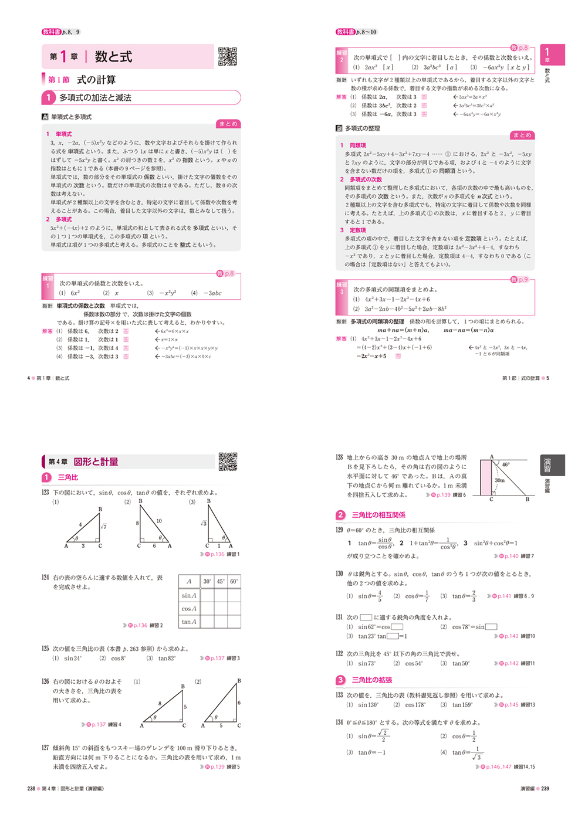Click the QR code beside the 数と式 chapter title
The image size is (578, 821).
coord(228,56)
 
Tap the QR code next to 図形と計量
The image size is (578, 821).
coord(228,462)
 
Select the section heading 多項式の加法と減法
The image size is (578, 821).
coord(95,98)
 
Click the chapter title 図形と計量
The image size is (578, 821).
coord(96,462)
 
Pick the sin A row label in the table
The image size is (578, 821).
coord(189,595)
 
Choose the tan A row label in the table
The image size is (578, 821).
coord(189,622)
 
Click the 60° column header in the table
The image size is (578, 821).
coord(234,581)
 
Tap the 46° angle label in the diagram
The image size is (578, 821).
coord(506,464)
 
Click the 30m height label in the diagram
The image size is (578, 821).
coord(499,480)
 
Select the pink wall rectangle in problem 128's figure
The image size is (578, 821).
coord(486,478)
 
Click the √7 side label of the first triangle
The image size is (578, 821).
coord(103,526)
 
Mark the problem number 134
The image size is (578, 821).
coord(339,722)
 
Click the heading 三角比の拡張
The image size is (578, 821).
coord(371,680)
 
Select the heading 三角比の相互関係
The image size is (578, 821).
coord(378,515)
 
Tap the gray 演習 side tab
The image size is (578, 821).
coord(547,465)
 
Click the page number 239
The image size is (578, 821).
coord(545,789)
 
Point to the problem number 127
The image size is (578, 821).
coord(45,748)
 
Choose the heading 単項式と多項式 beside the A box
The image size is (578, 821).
coord(71,117)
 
